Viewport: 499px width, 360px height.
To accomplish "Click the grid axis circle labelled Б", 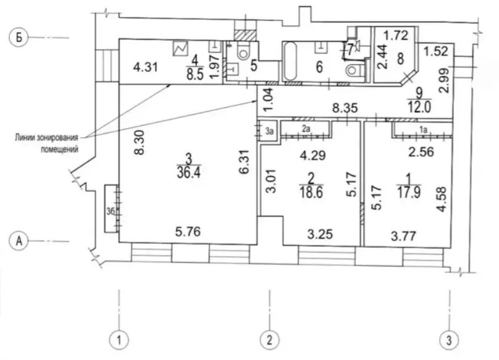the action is coord(19,38).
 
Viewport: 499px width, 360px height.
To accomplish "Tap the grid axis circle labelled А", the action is coord(19,241).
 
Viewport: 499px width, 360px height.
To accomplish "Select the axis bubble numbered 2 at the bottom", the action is coord(269,340).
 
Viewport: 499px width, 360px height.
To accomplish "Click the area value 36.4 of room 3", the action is coord(189,173).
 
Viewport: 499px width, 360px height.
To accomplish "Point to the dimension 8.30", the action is coord(140,142).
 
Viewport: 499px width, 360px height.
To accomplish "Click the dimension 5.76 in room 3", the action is coord(188,232).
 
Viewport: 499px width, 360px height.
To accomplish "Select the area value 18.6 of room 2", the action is coord(311,193).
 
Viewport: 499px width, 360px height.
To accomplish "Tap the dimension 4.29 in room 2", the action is coord(313,156).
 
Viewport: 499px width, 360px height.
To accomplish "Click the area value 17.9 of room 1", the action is coord(409,193).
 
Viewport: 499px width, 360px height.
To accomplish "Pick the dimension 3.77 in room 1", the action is coord(403,236).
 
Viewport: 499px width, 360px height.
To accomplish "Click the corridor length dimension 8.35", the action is coord(345,108).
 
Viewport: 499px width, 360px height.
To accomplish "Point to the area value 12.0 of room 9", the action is coord(419,107).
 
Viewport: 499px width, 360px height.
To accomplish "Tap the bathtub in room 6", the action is coord(290,61).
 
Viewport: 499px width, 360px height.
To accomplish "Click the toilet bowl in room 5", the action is coord(243,52).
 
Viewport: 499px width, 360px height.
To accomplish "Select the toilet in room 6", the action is coord(353,70).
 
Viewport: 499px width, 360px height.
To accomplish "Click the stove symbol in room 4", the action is coord(180,49).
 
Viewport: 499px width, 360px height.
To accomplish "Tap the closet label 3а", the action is coord(269,131).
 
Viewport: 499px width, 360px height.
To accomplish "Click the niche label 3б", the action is coord(111,211).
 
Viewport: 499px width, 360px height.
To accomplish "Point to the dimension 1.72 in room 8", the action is coord(396,35).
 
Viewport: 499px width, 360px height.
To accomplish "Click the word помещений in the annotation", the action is coord(59,149).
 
